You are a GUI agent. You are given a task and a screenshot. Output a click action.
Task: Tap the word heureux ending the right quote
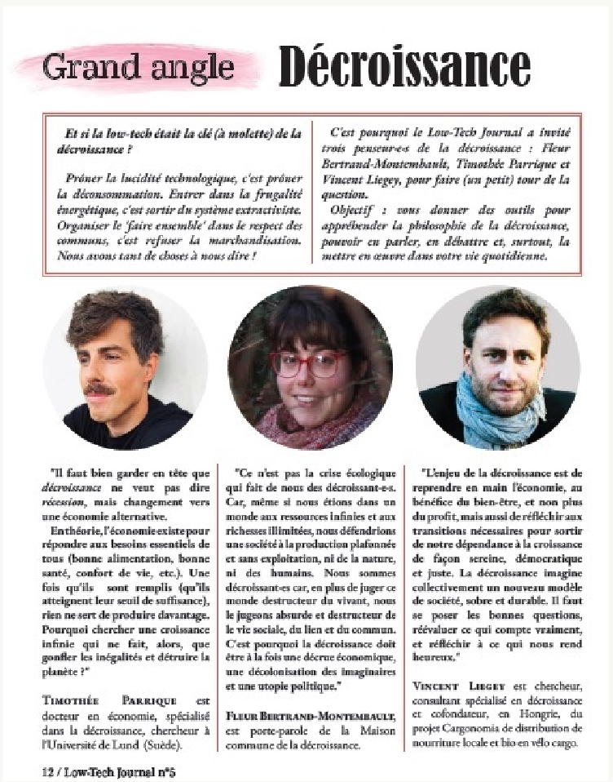coord(443,655)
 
